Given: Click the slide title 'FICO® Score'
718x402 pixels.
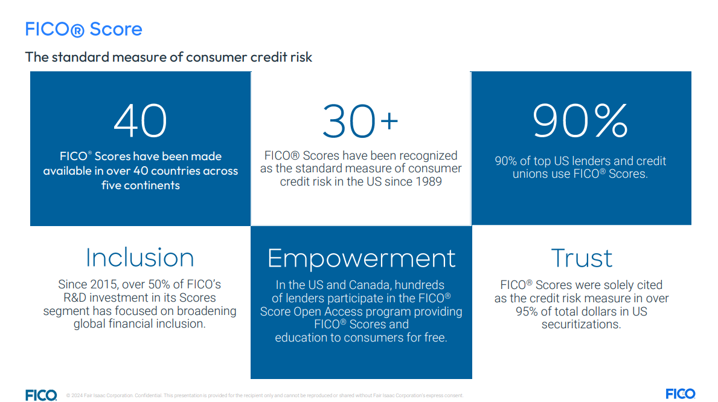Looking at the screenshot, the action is coord(83,30).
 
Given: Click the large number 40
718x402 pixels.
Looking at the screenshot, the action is coord(141,120).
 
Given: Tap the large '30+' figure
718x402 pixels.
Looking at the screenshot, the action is coord(361,121).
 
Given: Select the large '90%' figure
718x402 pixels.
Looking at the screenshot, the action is coord(580,120).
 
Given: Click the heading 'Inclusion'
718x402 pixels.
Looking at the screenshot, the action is coord(140,258).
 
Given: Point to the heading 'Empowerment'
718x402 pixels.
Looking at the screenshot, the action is coord(361,259).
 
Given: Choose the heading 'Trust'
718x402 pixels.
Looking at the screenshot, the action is coord(582,258).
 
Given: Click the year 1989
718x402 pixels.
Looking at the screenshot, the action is coord(429,181).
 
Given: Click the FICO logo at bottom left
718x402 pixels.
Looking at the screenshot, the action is coord(41,395).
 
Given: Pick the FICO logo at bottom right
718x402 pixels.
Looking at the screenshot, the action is coord(681,394).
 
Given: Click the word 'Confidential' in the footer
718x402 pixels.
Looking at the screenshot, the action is coord(148,395).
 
